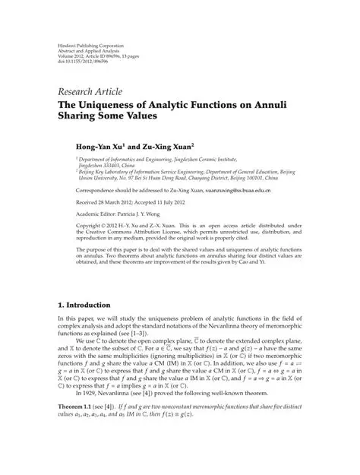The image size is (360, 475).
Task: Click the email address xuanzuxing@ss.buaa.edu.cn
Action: click(x=231, y=193)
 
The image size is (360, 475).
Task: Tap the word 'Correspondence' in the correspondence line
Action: click(x=82, y=193)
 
